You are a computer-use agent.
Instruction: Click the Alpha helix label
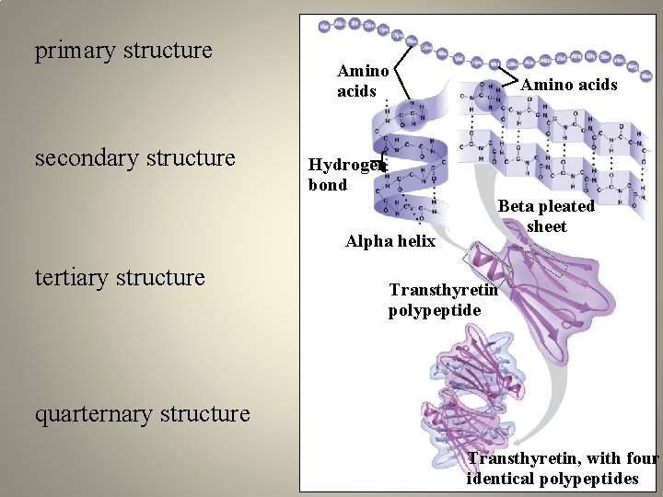pyautogui.click(x=390, y=241)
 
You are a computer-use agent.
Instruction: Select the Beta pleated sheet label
pyautogui.click(x=546, y=216)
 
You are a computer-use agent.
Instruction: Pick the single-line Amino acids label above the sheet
pyautogui.click(x=568, y=85)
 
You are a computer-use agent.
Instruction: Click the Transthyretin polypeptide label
pyautogui.click(x=442, y=300)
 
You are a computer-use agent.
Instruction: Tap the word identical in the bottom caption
pyautogui.click(x=506, y=479)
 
